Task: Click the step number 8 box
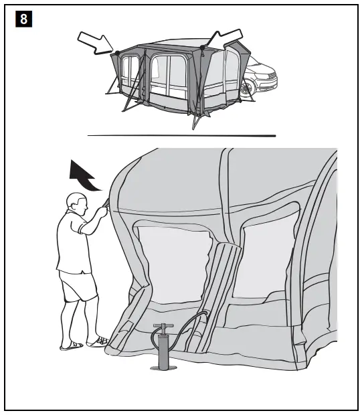click(23, 19)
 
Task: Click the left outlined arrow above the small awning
click(95, 41)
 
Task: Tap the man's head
click(76, 203)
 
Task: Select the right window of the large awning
click(270, 258)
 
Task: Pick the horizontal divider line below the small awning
click(181, 135)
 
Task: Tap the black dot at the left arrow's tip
click(116, 52)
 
